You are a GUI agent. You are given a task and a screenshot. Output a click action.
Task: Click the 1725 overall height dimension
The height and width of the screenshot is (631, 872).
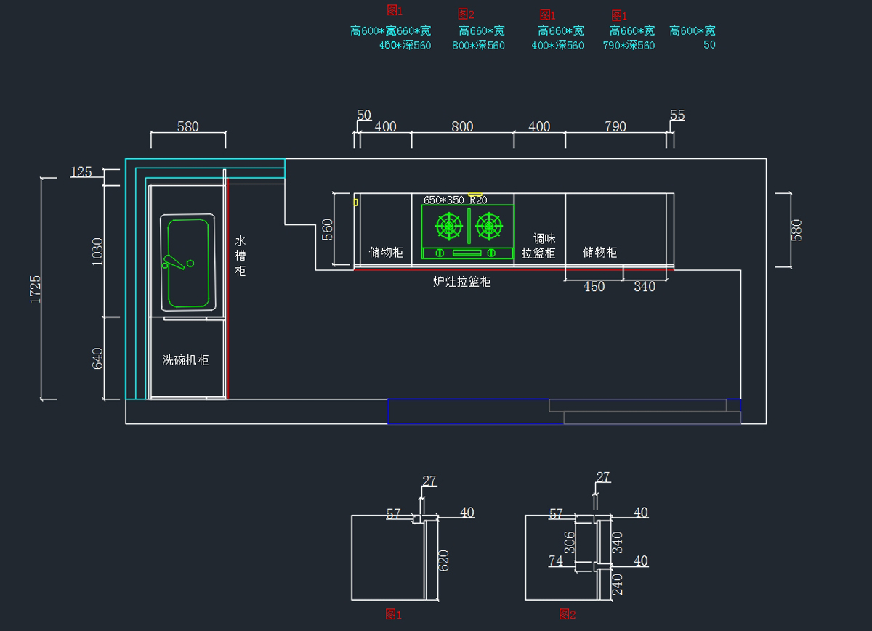(x=36, y=288)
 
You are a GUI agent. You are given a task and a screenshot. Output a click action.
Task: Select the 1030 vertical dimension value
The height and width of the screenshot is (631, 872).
(x=98, y=251)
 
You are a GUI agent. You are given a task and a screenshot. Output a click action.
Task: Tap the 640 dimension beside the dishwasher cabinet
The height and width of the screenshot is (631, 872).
(x=98, y=358)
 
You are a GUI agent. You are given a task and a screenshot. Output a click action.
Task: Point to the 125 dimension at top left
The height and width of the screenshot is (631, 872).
(x=81, y=172)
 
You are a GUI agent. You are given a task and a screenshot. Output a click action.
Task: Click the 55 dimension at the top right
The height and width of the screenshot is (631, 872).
(x=677, y=115)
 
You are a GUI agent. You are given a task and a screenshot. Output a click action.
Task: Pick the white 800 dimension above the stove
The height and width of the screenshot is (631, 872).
(x=462, y=126)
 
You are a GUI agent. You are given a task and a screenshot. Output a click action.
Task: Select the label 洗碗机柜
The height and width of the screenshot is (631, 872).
(x=185, y=359)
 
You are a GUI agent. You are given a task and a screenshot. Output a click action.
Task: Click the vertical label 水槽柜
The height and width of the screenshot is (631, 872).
(x=241, y=256)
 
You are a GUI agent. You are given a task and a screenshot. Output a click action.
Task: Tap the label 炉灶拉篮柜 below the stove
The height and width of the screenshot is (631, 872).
(x=462, y=282)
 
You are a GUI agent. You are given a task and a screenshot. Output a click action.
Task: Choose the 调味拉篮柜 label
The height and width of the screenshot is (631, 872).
(x=538, y=245)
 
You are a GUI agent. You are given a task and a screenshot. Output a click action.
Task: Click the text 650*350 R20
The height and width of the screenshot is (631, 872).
(x=455, y=200)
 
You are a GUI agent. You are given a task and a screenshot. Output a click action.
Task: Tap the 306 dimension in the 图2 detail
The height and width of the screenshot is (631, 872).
(x=570, y=542)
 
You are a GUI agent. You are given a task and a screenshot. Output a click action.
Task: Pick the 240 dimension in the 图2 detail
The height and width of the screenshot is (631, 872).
(x=618, y=585)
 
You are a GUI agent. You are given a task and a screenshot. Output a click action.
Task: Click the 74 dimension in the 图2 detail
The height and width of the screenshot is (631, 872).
(x=556, y=561)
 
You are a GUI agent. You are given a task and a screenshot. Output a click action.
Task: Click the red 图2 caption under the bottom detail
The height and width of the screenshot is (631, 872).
(x=567, y=615)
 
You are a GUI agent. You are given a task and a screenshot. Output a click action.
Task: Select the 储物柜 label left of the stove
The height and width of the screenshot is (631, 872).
(x=386, y=252)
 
